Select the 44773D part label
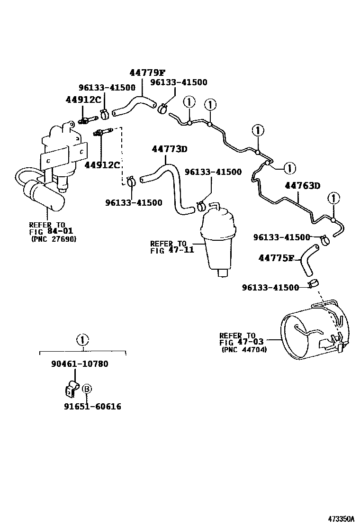pos(170,149)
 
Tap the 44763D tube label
pos(303,185)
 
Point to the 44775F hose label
pos(277,258)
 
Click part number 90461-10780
pos(80,364)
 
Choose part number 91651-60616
pos(93,407)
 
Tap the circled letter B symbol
pos(87,389)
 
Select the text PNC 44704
pos(244,350)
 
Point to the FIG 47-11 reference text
pos(172,250)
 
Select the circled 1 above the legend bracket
pos(82,339)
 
